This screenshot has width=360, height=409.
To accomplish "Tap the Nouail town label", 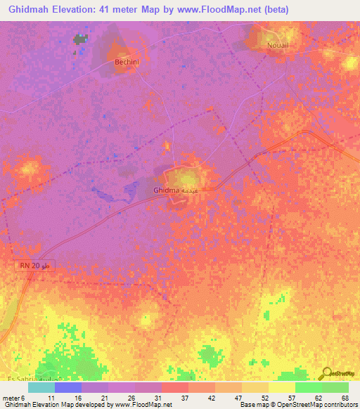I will [277, 44].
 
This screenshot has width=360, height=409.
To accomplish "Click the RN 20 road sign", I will [34, 266].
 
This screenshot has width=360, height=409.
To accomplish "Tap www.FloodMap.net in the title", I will [212, 10].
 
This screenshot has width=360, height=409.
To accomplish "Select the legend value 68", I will [344, 397].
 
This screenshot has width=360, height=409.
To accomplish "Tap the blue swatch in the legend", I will [67, 387].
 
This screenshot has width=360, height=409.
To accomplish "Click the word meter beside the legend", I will [10, 397].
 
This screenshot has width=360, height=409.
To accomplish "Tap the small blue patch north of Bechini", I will [81, 39].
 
